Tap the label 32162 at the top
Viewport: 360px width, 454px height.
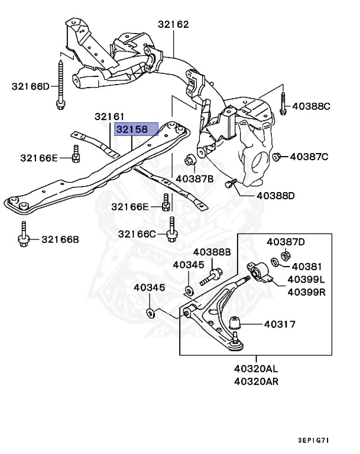pyautogui.click(x=173, y=25)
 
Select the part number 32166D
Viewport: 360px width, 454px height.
pyautogui.click(x=31, y=87)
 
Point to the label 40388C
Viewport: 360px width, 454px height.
pyautogui.click(x=311, y=107)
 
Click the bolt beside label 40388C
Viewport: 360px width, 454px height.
pyautogui.click(x=283, y=105)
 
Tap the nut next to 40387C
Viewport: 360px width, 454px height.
pyautogui.click(x=277, y=157)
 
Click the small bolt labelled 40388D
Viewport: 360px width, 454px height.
pyautogui.click(x=229, y=185)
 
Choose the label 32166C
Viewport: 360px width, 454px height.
pyautogui.click(x=137, y=234)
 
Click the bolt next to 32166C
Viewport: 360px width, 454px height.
pyautogui.click(x=171, y=231)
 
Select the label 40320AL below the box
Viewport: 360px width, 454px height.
pyautogui.click(x=256, y=368)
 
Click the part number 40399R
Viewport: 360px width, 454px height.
pyautogui.click(x=307, y=291)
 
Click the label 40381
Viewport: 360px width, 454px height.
pyautogui.click(x=305, y=266)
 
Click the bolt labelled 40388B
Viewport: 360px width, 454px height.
pyautogui.click(x=212, y=276)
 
